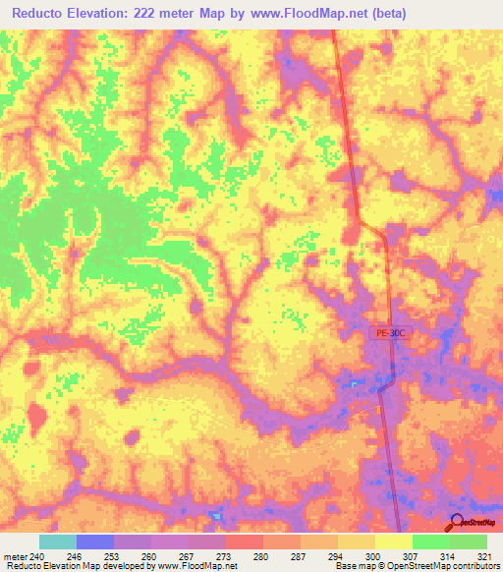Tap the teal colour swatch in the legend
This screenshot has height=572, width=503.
(58, 542)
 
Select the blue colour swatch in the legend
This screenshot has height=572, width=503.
(95, 542)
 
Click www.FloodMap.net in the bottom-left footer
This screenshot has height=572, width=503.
(199, 566)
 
